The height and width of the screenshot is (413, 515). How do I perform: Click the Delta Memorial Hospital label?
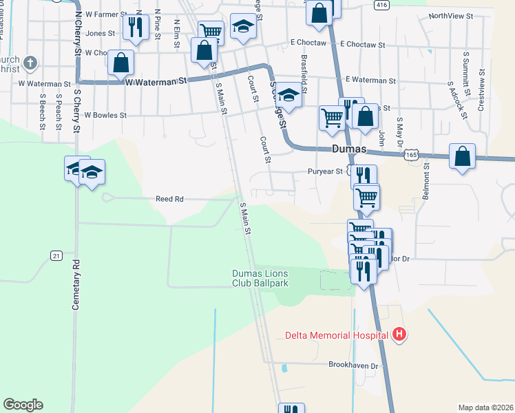337,336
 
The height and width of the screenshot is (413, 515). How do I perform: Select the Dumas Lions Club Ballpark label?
259,277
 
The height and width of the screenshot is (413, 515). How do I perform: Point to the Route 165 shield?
412,156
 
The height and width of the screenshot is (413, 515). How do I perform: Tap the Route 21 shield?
56,255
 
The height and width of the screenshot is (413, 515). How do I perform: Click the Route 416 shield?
382,5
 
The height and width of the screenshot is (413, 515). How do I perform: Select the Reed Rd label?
169,199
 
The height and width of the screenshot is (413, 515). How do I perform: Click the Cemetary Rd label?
76,284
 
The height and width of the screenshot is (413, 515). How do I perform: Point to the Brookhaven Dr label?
354,366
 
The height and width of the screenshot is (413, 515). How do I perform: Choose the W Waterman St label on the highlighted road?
156,81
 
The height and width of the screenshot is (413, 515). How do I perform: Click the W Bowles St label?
105,116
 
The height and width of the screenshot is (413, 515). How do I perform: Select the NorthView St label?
451,15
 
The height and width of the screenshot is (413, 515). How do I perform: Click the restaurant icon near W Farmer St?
135,28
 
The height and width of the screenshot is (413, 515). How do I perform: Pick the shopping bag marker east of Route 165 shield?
462,156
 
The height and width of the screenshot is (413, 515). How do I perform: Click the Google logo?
23,405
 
